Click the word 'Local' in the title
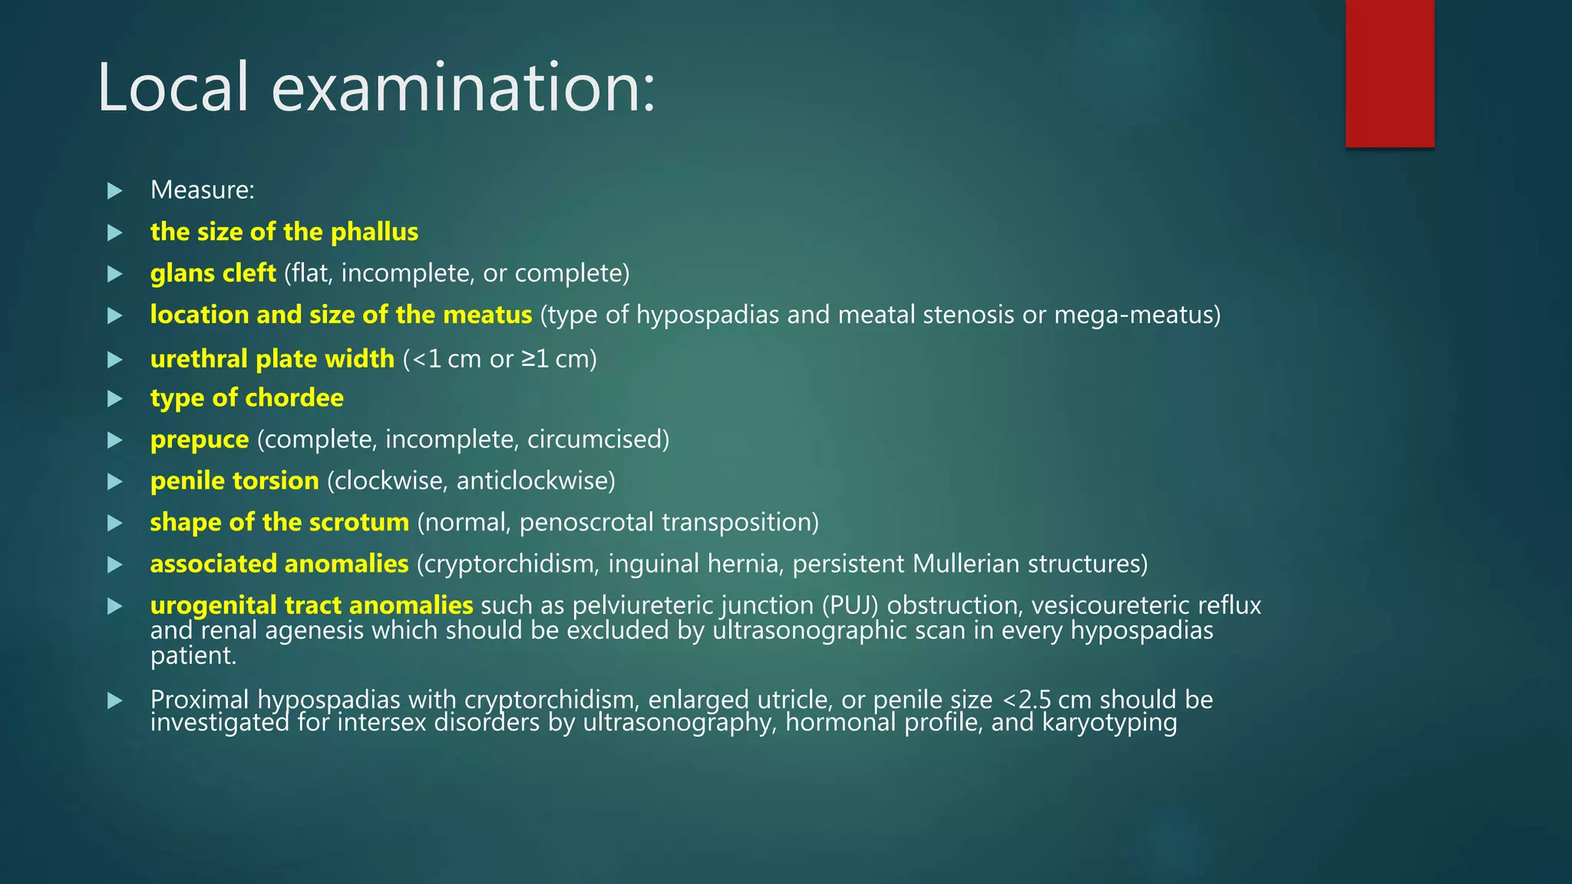[173, 87]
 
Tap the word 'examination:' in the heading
[464, 87]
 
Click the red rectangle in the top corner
[1389, 73]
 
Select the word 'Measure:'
[203, 190]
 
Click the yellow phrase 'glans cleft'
[213, 273]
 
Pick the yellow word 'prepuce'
[200, 440]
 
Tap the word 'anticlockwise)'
[536, 481]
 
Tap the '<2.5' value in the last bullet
[1026, 700]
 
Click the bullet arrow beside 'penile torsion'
[115, 482]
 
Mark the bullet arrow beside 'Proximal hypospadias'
[115, 701]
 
